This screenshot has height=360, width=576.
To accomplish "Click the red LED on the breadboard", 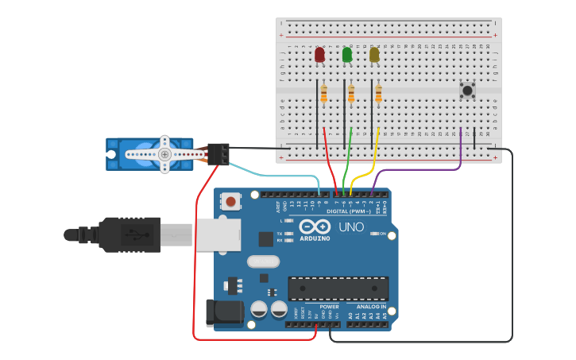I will pos(319,55).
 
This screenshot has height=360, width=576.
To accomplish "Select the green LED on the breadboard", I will pos(346,55).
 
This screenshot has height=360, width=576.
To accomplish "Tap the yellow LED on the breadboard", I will pos(374,55).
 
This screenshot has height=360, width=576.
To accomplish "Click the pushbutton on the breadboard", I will pos(467,91).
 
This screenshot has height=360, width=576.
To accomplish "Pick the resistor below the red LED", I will pos(323,95).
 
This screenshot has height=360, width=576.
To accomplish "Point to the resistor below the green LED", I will pos(351,95).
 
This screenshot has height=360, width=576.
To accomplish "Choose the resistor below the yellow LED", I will pos(378,95).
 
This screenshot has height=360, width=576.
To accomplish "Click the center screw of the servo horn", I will pos(164,154).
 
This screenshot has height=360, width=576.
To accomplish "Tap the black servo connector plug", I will pos(218,154).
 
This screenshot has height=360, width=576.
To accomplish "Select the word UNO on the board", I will pos(351,227).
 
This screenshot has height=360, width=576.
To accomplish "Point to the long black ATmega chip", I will pos(338,288).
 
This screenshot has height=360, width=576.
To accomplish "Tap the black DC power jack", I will pos(223,312).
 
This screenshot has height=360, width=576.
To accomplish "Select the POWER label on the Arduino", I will pos(329,306).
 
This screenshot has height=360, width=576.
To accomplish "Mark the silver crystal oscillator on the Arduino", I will pos(263,261).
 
